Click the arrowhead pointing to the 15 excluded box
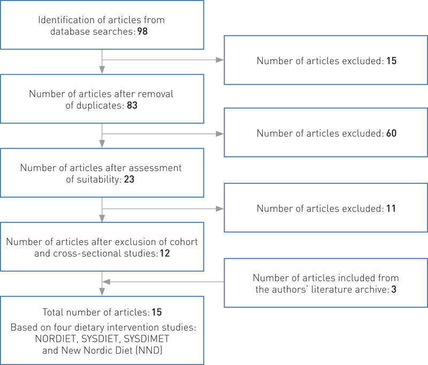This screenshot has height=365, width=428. coord(219,60)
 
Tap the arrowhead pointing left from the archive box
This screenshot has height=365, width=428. coord(106,282)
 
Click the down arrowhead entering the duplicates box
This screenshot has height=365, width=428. coord(102,70)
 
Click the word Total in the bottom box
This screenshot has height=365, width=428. coord(52,311)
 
